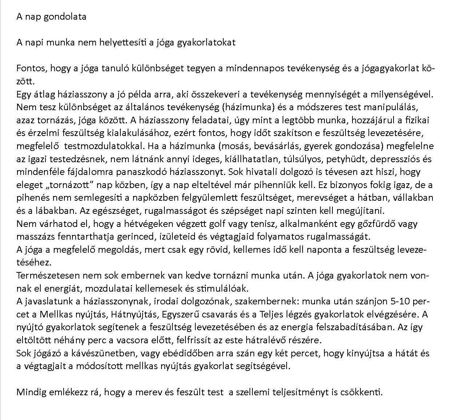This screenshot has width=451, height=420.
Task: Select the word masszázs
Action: click(x=32, y=237)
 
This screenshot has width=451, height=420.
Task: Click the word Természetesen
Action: click(x=46, y=275)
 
